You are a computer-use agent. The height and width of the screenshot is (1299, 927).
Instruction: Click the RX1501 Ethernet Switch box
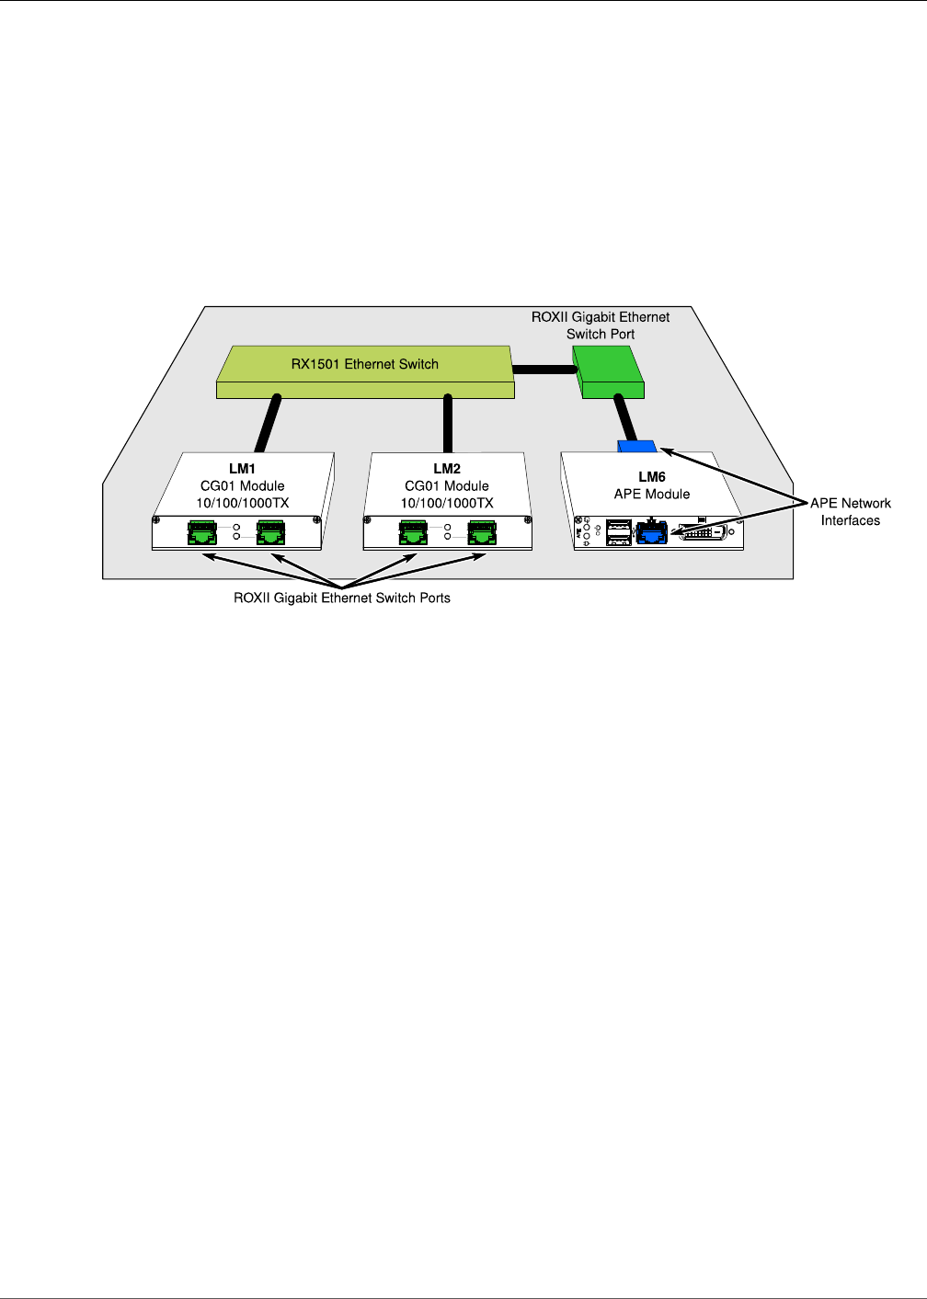pyautogui.click(x=365, y=371)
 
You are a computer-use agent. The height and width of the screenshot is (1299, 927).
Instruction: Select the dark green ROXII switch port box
pyautogui.click(x=607, y=371)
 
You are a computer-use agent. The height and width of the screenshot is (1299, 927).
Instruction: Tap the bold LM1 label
pyautogui.click(x=242, y=469)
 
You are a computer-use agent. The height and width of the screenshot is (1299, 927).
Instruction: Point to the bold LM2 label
pyautogui.click(x=447, y=469)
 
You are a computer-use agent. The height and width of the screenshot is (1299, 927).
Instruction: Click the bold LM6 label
pyautogui.click(x=652, y=477)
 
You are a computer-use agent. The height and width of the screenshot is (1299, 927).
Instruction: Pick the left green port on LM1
pyautogui.click(x=201, y=531)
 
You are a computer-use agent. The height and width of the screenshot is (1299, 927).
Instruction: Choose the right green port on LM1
pyautogui.click(x=271, y=531)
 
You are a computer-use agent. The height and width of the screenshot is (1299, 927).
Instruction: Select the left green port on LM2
pyautogui.click(x=413, y=531)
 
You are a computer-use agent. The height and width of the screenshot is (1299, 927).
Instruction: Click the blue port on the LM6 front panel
pyautogui.click(x=651, y=532)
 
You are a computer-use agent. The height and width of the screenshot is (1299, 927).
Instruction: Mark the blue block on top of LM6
pyautogui.click(x=637, y=447)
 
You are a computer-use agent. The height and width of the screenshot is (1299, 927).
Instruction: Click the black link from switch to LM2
pyautogui.click(x=448, y=424)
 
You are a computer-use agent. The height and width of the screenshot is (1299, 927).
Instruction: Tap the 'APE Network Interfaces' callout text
pyautogui.click(x=851, y=512)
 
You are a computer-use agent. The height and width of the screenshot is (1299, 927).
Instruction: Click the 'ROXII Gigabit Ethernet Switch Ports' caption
pyautogui.click(x=342, y=598)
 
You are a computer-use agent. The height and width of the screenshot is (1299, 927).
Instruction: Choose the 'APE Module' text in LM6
pyautogui.click(x=652, y=494)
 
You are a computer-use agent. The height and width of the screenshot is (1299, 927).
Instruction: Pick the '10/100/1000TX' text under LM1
pyautogui.click(x=242, y=503)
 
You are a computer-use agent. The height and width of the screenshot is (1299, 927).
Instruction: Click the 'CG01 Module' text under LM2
pyautogui.click(x=447, y=485)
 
